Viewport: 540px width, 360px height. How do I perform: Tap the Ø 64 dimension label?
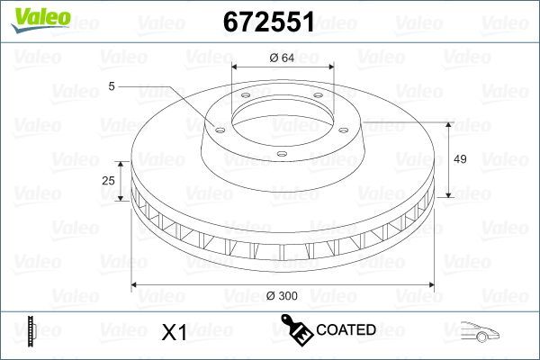[x=283, y=59]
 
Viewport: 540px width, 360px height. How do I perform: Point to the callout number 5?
[x=111, y=85]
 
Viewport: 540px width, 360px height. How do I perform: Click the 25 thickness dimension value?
[x=109, y=181]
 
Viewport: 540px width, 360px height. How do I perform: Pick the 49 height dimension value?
[x=459, y=159]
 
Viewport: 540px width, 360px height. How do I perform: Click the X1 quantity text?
[x=173, y=332]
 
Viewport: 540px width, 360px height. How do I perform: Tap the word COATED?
[x=346, y=330]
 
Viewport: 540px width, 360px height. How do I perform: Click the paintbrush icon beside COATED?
[x=295, y=329]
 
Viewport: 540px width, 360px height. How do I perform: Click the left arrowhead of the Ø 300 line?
[x=136, y=285]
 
